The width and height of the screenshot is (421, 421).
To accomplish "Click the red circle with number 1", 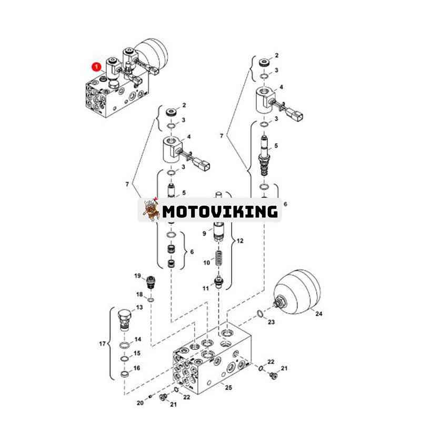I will tap(96, 67).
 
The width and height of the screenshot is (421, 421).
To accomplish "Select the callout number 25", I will tap(228, 388).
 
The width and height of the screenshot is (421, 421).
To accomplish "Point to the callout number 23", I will tap(271, 322).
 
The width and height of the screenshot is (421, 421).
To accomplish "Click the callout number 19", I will tap(137, 276).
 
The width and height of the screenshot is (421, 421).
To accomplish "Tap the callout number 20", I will tap(139, 403).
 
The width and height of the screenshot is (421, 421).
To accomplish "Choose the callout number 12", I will tap(240, 240).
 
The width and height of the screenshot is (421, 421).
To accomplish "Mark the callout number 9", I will tap(205, 233).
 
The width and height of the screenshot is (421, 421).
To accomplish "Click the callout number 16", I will tap(137, 368).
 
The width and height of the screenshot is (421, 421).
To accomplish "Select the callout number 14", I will tap(137, 339).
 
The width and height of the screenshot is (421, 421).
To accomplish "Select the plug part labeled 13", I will tap(125, 318).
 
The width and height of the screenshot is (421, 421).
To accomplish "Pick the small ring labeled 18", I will tap(151, 300).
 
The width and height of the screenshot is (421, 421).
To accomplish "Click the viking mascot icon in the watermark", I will tap(151, 210).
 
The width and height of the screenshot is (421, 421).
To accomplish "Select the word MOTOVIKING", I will tap(219, 212).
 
